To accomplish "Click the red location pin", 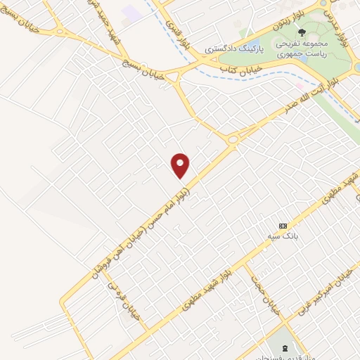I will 181,165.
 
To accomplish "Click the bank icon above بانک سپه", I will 283,225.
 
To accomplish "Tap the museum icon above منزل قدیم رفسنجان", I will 285,349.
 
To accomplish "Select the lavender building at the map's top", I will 131,11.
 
